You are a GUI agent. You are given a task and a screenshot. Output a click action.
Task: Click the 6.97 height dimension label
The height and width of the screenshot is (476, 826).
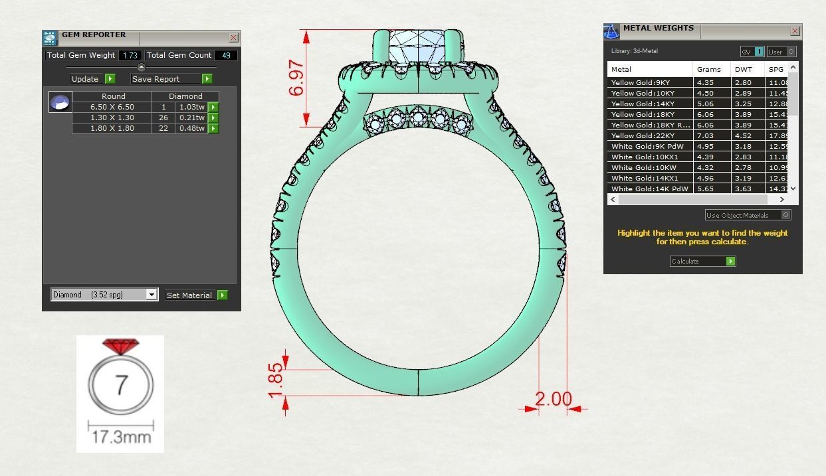coord(297,78)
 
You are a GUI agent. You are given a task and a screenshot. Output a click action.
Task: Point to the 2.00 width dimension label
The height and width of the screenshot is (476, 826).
coord(553,399)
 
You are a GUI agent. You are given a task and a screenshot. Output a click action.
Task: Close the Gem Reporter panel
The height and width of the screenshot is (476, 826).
coord(233,38)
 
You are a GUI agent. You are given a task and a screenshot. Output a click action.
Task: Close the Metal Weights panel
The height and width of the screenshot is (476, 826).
coord(795,31)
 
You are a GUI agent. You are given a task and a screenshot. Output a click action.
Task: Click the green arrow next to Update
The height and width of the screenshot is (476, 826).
coord(110,78)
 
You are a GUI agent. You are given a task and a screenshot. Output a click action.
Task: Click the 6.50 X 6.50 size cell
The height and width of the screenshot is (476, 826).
coord(112,107)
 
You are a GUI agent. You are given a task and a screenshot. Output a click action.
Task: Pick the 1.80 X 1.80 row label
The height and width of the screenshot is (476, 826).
coord(112,128)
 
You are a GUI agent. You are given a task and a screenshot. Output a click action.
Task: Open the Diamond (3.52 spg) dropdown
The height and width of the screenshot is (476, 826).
coord(152,295)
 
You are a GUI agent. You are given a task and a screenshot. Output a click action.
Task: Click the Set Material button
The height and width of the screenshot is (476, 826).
coord(189,295)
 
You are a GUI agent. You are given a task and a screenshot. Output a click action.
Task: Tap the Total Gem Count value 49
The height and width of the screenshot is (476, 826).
coord(226,55)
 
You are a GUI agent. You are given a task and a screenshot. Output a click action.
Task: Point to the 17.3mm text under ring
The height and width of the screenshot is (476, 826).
coord(121,437)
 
